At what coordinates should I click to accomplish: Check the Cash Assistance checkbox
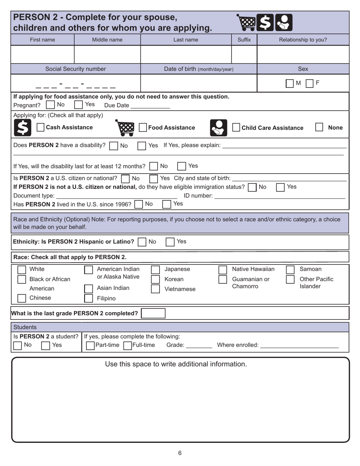tap(41, 128)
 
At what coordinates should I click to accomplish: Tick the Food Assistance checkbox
tap(143, 128)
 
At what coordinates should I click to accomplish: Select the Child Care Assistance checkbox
tap(236, 128)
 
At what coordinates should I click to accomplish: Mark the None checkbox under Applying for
tap(319, 128)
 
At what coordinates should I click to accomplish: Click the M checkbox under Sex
tap(290, 83)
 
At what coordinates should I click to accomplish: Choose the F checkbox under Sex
tap(310, 83)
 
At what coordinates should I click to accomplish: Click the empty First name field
tap(42, 54)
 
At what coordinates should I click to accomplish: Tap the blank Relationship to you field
tap(303, 54)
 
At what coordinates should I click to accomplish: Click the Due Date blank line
tap(150, 105)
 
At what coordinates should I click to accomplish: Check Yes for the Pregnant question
tap(78, 105)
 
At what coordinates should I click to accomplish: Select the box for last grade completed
tap(153, 313)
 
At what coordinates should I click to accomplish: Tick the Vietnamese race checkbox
tap(155, 289)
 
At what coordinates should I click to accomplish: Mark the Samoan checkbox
tap(290, 269)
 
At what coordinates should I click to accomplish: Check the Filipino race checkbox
tap(88, 298)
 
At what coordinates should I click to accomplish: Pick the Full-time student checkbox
tap(128, 345)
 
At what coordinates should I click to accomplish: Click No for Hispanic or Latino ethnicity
tap(142, 242)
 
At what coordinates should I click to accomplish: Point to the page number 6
tap(180, 453)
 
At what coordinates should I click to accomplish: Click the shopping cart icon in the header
tap(245, 22)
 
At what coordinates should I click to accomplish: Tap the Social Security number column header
tap(75, 69)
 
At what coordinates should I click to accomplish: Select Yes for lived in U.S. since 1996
tap(167, 204)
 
